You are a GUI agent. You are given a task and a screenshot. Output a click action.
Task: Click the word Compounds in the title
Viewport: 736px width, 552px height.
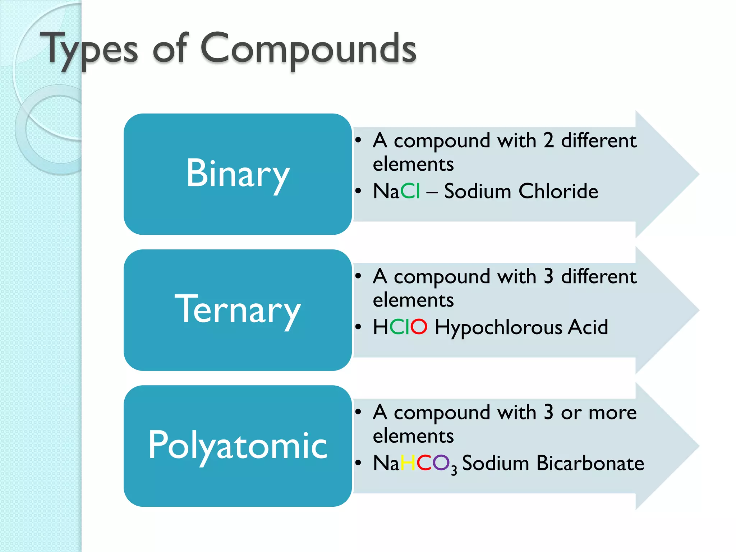(308, 49)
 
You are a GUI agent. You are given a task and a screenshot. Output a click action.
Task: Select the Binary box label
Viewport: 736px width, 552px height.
(238, 174)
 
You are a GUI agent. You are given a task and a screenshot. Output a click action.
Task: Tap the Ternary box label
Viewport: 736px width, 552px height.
(238, 310)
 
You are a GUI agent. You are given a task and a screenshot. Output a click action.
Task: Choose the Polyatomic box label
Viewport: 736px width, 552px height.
(238, 446)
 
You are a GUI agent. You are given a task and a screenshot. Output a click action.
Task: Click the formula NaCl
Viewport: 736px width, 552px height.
(396, 191)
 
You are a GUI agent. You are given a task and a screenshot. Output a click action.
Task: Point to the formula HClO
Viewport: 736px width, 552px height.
(400, 327)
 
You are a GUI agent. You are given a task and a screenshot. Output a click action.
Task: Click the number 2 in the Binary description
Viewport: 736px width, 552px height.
(548, 141)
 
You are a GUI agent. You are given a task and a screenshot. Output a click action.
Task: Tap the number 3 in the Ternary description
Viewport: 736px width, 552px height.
(548, 276)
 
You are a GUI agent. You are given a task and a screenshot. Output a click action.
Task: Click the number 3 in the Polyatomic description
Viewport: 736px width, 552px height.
(548, 412)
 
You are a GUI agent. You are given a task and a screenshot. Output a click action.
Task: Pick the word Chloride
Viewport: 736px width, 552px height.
(558, 191)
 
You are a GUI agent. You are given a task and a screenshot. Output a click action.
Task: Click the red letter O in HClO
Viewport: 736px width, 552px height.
(419, 327)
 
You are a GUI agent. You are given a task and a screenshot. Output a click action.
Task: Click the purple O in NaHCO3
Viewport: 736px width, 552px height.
(441, 463)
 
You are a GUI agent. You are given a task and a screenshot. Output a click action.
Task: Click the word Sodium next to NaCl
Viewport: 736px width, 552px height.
(478, 191)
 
